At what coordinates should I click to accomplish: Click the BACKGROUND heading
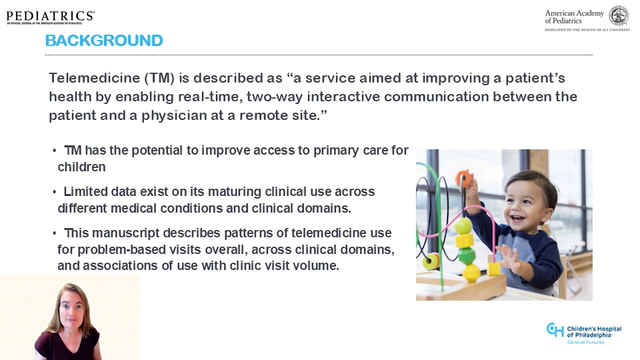(104, 40)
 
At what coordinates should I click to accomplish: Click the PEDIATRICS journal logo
(50, 17)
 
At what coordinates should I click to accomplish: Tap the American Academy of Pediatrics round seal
(618, 15)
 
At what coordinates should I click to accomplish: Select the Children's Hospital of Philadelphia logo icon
(555, 330)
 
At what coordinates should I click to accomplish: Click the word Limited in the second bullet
(85, 191)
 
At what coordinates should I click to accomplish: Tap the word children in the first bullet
(81, 167)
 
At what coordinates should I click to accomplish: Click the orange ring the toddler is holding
(463, 178)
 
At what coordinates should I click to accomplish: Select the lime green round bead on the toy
(463, 225)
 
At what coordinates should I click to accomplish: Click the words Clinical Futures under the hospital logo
(585, 342)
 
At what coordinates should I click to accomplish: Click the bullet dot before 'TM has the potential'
(54, 151)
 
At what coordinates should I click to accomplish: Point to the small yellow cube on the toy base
(493, 269)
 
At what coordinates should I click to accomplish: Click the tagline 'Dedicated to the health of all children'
(587, 29)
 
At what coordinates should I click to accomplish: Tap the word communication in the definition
(436, 97)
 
